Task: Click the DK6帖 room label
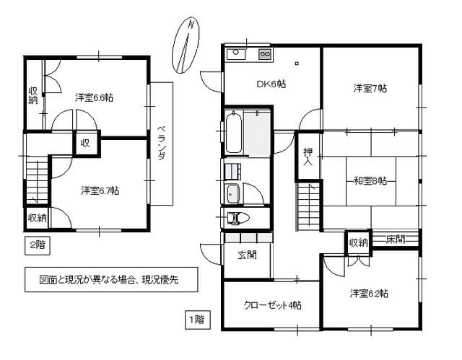click(x=271, y=84)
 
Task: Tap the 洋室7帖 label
click(x=370, y=89)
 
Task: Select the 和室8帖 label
click(x=370, y=180)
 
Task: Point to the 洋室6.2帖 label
click(x=370, y=294)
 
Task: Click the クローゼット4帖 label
click(x=272, y=305)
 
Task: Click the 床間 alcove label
click(x=394, y=239)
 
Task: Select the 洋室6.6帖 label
click(x=94, y=97)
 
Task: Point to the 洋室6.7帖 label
click(x=100, y=190)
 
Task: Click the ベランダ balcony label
click(x=162, y=145)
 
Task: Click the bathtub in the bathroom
click(x=234, y=132)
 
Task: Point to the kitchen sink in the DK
click(x=237, y=55)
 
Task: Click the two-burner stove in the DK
click(x=264, y=55)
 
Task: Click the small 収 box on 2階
click(x=84, y=143)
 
